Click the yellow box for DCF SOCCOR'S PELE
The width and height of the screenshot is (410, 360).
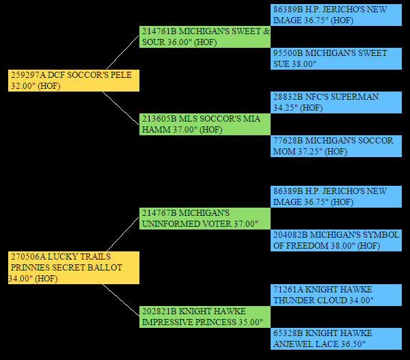(74, 80)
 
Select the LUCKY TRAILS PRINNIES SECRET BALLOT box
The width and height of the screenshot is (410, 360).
(74, 267)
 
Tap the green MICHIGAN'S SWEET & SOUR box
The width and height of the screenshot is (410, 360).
(205, 36)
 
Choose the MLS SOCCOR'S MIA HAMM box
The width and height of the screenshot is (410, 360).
(205, 124)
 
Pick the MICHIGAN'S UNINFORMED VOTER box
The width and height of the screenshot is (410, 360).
(205, 218)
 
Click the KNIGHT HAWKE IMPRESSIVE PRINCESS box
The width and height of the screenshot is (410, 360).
(205, 316)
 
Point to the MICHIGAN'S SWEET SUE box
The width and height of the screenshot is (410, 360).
(336, 58)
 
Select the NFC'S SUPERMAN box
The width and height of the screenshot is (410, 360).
(336, 102)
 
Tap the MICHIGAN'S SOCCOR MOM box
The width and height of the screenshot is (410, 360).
(336, 146)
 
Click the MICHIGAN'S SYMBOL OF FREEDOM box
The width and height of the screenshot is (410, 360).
(336, 240)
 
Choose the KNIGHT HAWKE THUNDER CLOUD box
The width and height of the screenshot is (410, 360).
(336, 294)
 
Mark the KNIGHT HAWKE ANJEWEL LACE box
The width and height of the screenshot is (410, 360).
(336, 338)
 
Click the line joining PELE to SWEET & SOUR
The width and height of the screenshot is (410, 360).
(121, 52)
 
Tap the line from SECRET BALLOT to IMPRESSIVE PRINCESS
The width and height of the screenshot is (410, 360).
(121, 300)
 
